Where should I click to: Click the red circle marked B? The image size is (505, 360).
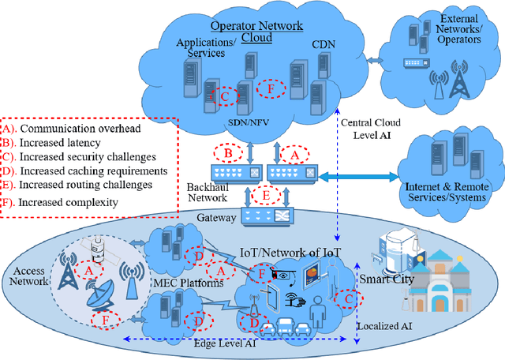228,152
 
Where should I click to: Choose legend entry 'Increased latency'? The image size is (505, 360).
61,142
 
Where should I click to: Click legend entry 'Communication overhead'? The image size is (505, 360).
72,128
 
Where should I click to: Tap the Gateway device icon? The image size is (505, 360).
264,216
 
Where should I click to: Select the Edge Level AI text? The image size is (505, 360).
227,344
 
